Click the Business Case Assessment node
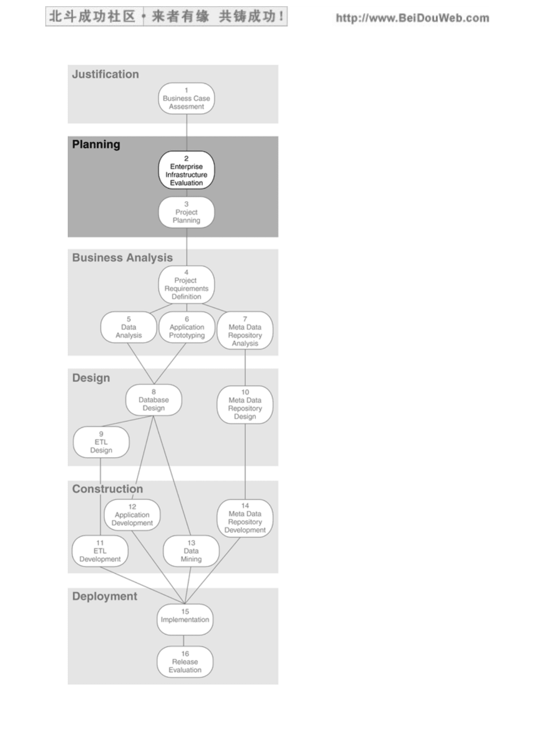tap(186, 99)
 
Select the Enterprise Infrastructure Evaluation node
tap(186, 170)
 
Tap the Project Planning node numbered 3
tap(186, 212)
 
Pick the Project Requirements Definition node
tap(186, 285)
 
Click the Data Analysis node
tap(128, 327)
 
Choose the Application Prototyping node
tap(187, 327)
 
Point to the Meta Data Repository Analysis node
tap(245, 330)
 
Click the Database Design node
tap(153, 400)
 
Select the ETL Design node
tap(101, 442)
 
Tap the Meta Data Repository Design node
tap(245, 404)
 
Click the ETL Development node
tap(100, 551)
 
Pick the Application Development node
tap(132, 514)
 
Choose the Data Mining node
tap(191, 551)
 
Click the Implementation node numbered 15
tap(185, 620)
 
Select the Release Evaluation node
tap(185, 662)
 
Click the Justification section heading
tap(105, 74)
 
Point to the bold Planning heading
tap(96, 145)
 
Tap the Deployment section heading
tap(105, 596)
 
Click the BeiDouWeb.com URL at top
tap(412, 18)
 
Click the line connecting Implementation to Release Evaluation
tap(184, 641)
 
